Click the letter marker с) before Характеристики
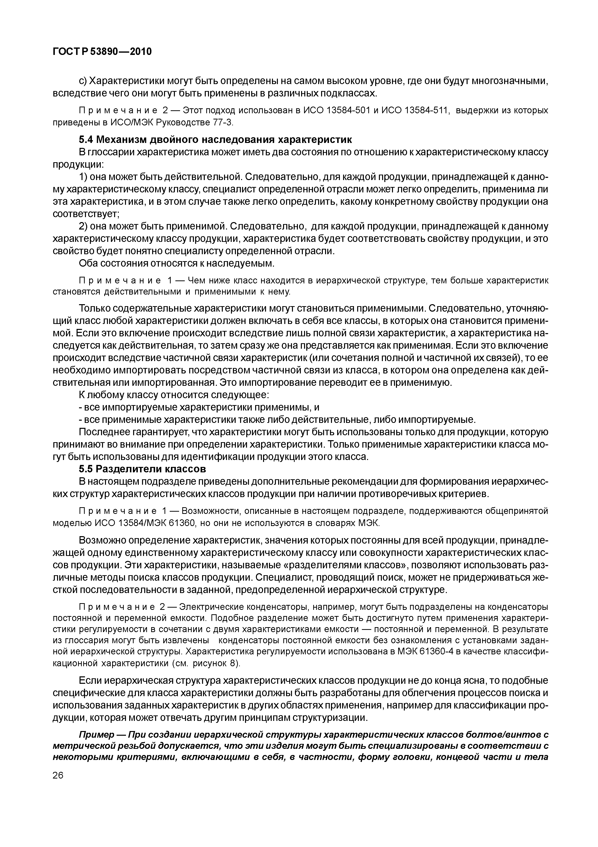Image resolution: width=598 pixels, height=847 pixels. (x=83, y=81)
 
